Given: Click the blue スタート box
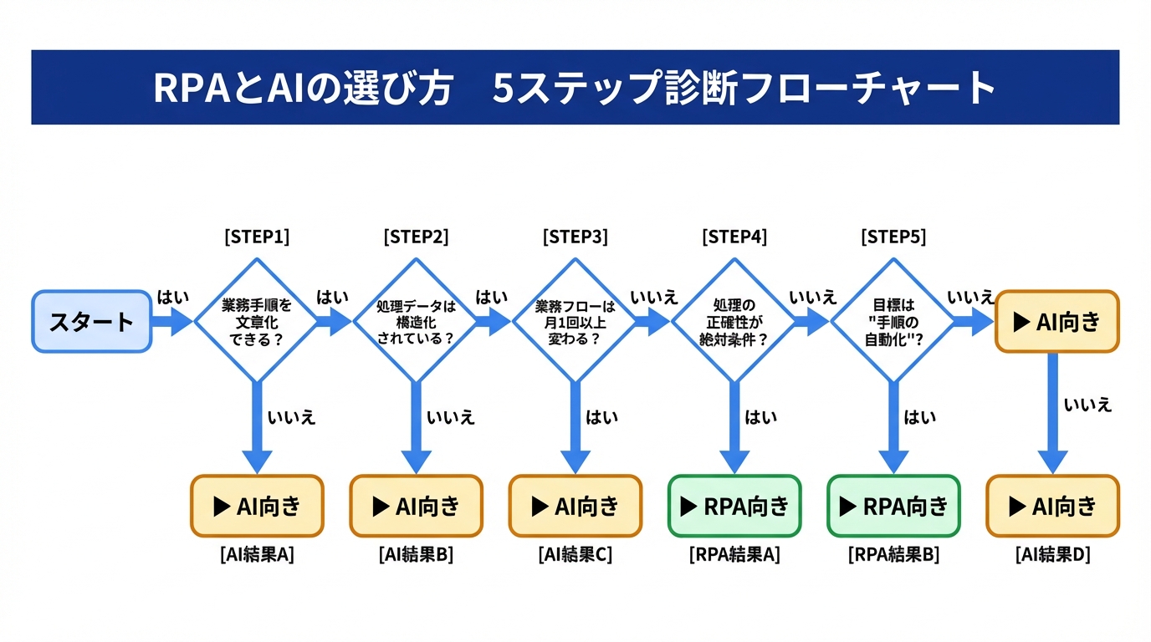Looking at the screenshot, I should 91,322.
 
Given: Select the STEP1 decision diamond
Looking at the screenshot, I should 257,321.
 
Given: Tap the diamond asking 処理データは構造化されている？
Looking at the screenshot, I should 416,321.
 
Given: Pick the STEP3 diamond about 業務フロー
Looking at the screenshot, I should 575,321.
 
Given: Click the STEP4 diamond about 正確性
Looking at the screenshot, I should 734,321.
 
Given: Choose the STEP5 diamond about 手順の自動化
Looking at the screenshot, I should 893,321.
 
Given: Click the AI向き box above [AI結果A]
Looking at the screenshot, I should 257,506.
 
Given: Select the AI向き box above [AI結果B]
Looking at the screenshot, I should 416,506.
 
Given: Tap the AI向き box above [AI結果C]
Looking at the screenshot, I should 575,506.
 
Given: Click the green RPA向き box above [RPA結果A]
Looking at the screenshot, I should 734,506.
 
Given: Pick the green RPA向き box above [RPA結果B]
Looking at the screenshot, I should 893,506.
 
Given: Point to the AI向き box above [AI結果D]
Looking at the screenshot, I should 1052,506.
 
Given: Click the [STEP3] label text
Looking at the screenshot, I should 575,237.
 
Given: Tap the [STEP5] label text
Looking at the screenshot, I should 893,237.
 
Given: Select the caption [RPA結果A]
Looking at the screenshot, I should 734,554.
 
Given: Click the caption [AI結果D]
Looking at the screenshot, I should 1052,554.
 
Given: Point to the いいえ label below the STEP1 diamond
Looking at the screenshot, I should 291,417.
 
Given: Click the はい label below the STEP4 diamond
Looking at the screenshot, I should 760,417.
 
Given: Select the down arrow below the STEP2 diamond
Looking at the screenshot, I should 416,426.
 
